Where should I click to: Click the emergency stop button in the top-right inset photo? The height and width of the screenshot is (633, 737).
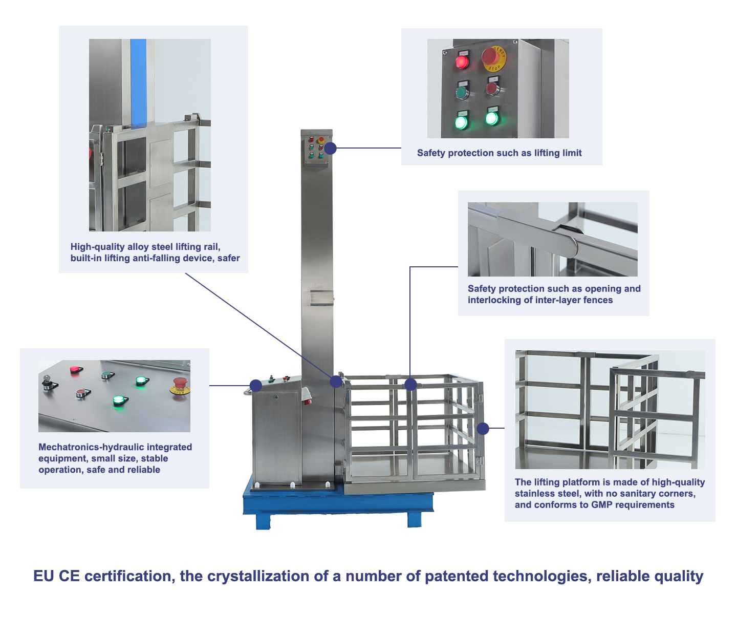click(492, 57)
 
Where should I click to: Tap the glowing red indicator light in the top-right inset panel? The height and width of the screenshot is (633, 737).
click(462, 62)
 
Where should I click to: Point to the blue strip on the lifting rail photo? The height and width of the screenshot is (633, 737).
click(138, 83)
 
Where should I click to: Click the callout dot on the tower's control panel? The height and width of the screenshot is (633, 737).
click(331, 148)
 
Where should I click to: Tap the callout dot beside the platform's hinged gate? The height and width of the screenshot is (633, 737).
click(483, 429)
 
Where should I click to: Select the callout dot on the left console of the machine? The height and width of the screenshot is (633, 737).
click(256, 386)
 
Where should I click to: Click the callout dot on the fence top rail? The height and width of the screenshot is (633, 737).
click(411, 384)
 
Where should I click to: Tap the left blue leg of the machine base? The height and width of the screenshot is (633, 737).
click(263, 521)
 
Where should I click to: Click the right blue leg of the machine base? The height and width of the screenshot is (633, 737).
click(415, 519)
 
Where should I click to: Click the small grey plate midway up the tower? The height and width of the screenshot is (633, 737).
click(321, 298)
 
